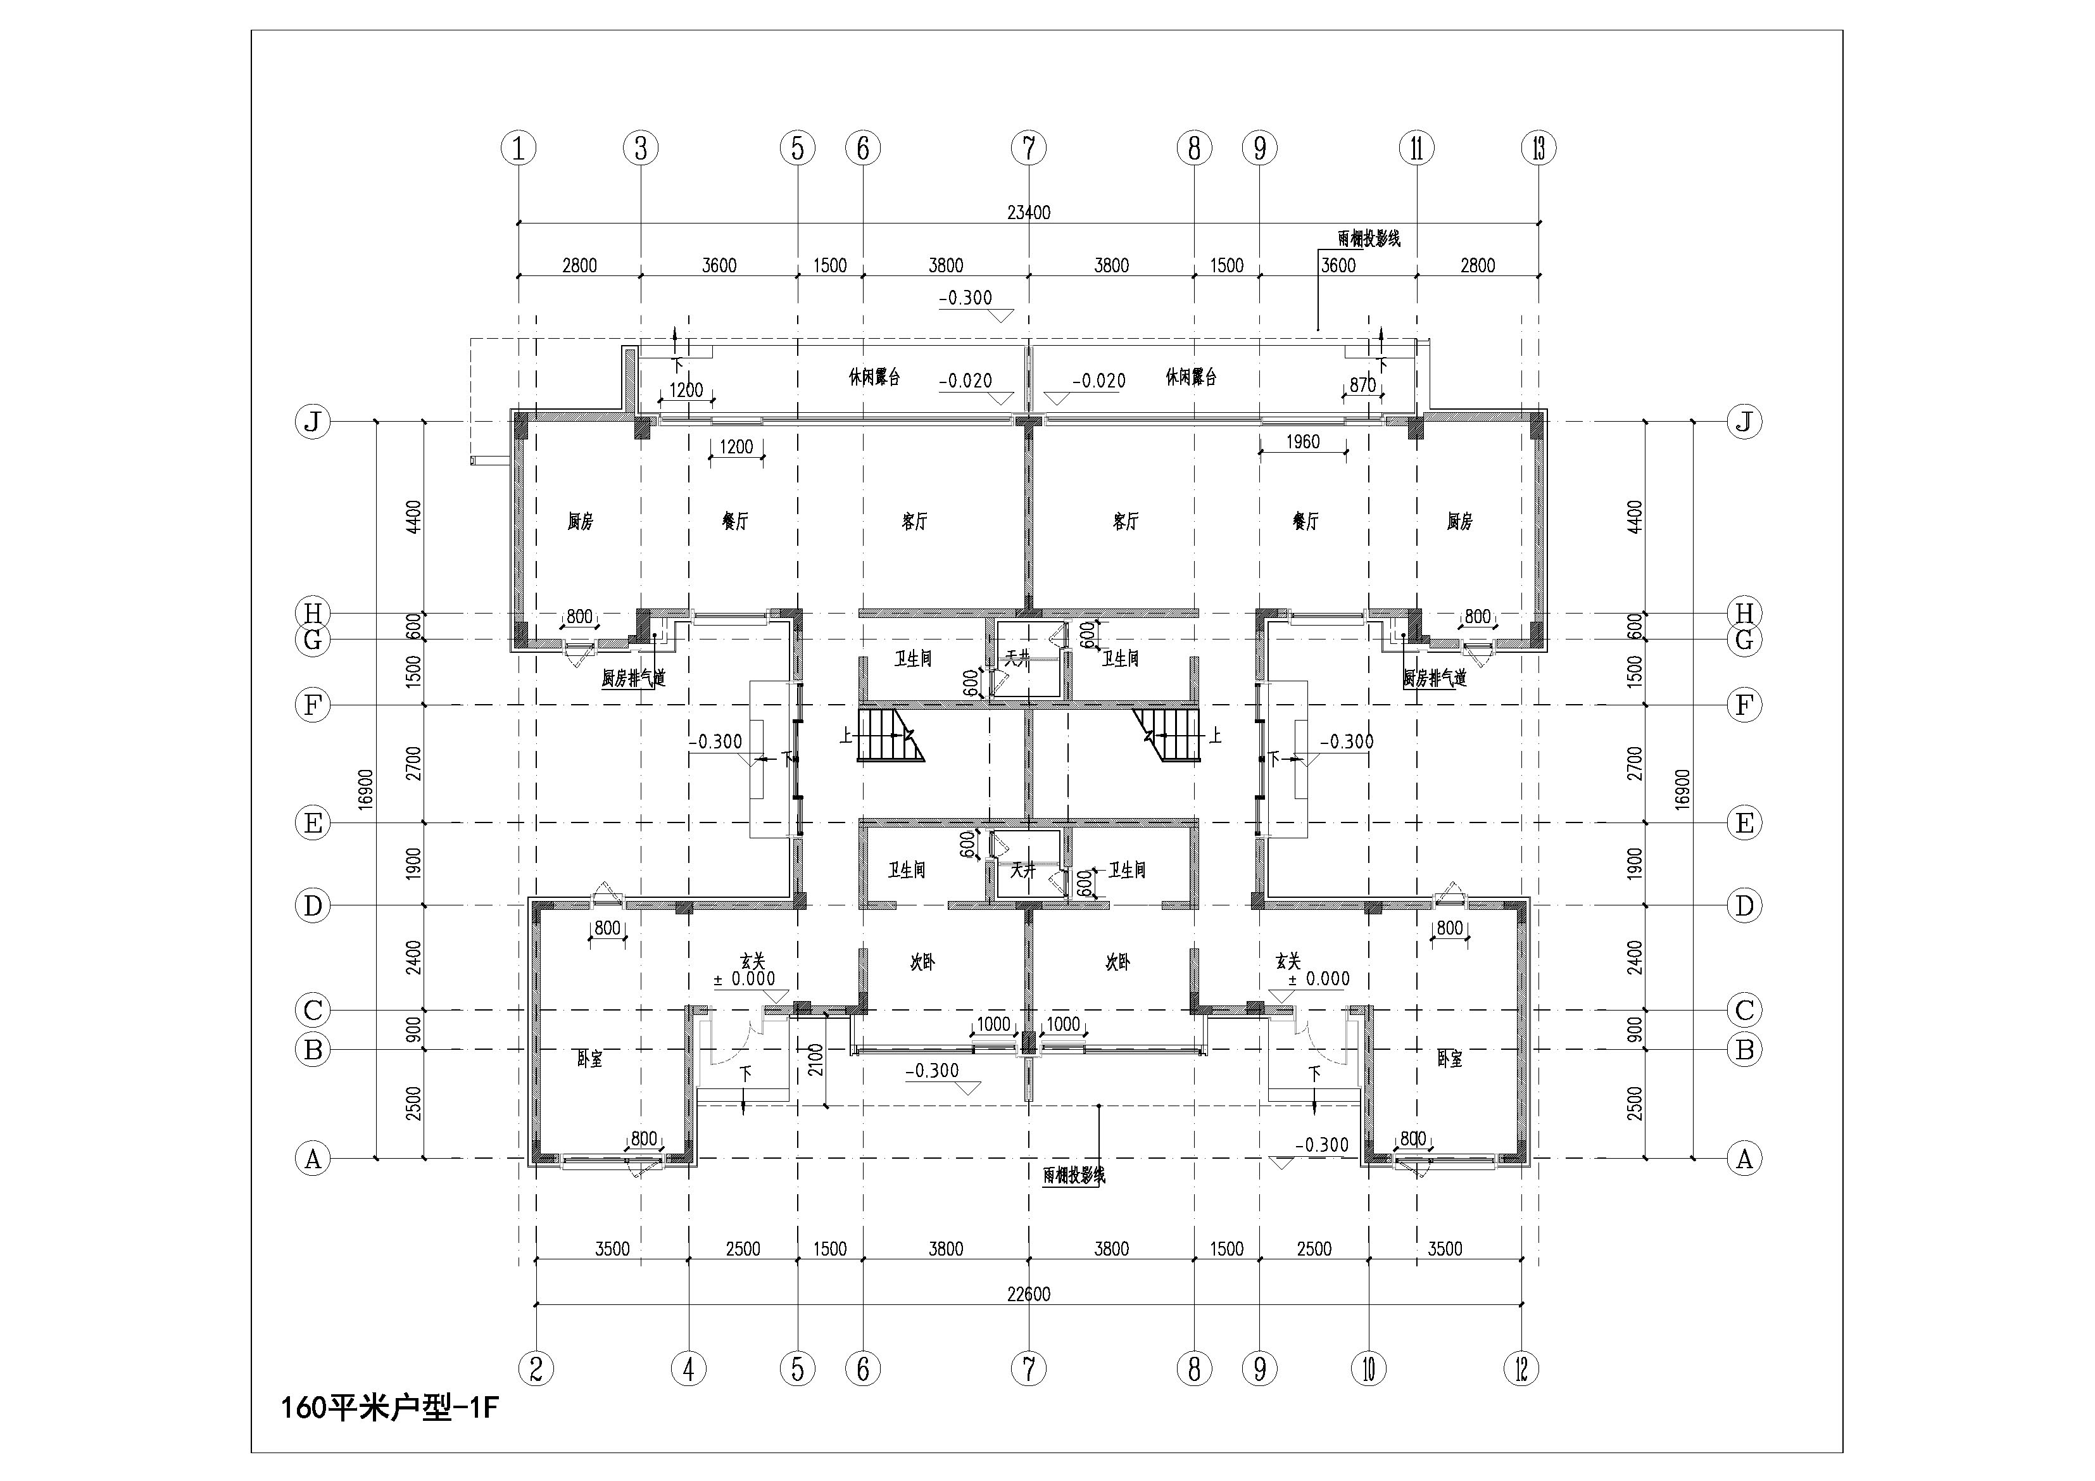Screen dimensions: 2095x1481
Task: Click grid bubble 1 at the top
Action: pyautogui.click(x=519, y=148)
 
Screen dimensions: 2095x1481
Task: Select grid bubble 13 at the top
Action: pyautogui.click(x=1539, y=148)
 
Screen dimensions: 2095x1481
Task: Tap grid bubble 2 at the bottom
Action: pyautogui.click(x=536, y=1369)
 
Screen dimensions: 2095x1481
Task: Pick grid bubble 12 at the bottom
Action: pyautogui.click(x=1521, y=1369)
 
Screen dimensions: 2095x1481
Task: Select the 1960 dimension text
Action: pyautogui.click(x=1302, y=442)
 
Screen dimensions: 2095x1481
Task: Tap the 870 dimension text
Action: pyautogui.click(x=1362, y=385)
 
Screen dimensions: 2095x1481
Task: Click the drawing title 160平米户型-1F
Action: pyautogui.click(x=389, y=1409)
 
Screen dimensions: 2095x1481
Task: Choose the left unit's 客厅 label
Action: pyautogui.click(x=914, y=521)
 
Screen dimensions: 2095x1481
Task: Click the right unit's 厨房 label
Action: pyautogui.click(x=1460, y=521)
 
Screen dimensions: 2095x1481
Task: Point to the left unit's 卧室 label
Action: pyautogui.click(x=589, y=1059)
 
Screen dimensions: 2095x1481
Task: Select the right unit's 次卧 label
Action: pyautogui.click(x=1117, y=962)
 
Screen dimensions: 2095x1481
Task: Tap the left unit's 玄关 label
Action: pyautogui.click(x=752, y=960)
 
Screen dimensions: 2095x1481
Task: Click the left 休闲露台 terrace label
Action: pyautogui.click(x=874, y=377)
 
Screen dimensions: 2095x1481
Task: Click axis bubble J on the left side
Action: pyautogui.click(x=313, y=422)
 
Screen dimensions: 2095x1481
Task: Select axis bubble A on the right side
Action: pyautogui.click(x=1745, y=1159)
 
